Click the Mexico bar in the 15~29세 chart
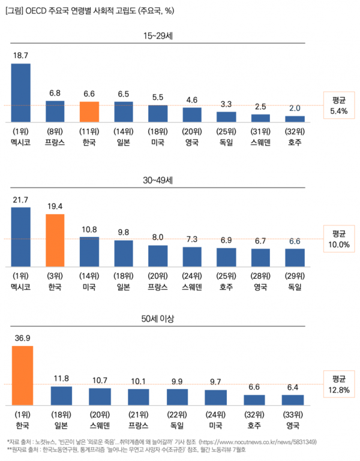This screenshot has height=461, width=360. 21,92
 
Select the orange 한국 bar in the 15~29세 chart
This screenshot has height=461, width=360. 89,112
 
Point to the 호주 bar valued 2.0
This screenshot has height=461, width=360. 295,119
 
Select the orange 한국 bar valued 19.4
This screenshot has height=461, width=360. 55,240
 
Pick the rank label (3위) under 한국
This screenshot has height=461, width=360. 55,275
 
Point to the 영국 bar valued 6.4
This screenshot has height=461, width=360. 293,399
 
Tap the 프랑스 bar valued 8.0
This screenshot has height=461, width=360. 158,255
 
